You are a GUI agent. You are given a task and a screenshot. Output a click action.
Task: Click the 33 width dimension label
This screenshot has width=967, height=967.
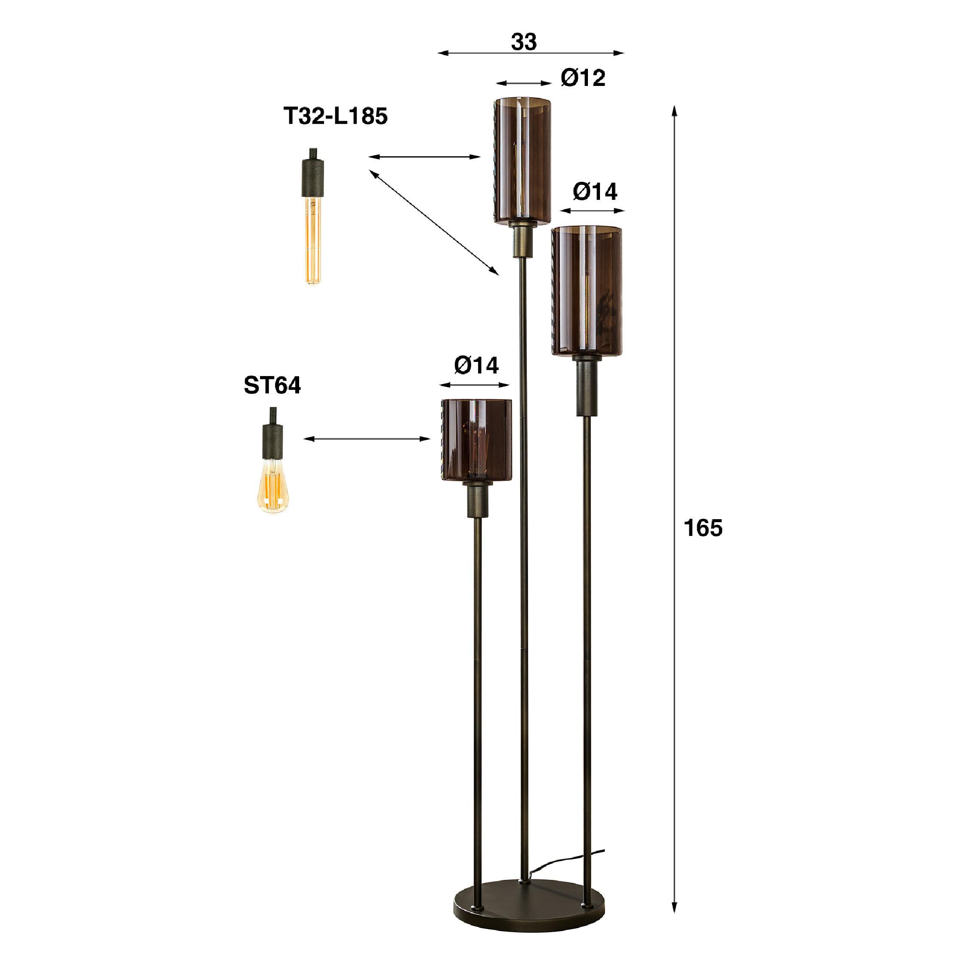click(523, 42)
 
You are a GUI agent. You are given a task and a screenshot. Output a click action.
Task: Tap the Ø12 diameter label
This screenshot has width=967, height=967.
click(583, 78)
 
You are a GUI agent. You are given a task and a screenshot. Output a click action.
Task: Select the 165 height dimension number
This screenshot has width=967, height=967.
click(703, 528)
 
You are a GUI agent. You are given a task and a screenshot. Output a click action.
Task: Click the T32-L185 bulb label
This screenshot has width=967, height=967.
click(335, 116)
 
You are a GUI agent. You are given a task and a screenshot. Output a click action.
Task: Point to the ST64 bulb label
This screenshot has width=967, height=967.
click(272, 386)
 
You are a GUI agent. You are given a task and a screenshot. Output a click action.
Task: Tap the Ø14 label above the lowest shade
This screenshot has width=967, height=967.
click(476, 365)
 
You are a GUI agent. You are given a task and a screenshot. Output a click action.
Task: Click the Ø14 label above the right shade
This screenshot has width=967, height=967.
click(595, 191)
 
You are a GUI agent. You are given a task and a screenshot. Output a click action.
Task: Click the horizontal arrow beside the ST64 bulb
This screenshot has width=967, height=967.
click(367, 439)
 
